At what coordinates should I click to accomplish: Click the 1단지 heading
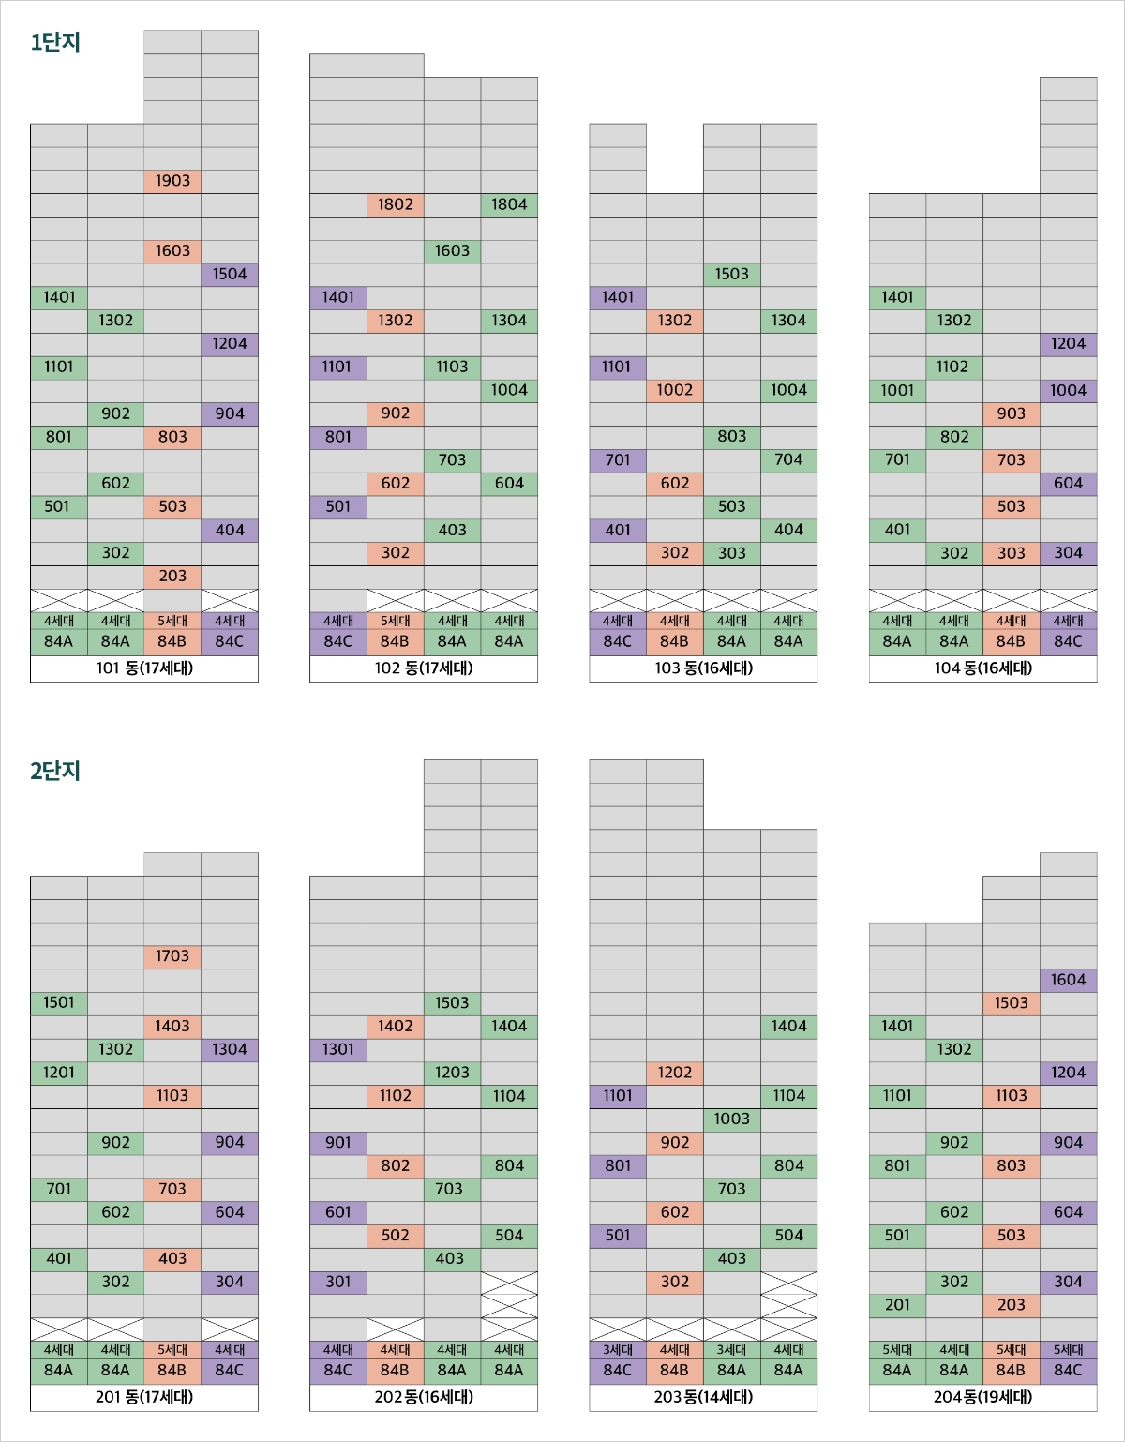click(x=55, y=42)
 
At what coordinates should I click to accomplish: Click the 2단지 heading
click(x=55, y=771)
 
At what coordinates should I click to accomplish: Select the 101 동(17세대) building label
click(x=144, y=668)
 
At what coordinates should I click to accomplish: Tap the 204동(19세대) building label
click(x=982, y=1397)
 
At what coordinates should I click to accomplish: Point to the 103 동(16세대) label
click(x=703, y=668)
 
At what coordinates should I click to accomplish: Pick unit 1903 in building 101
click(x=172, y=181)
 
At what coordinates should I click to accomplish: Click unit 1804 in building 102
click(x=509, y=204)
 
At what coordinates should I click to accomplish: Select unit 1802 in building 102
click(x=396, y=204)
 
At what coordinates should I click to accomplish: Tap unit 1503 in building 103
click(x=731, y=274)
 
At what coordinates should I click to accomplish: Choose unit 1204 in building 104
click(x=1068, y=344)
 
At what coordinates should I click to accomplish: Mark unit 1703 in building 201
click(x=172, y=956)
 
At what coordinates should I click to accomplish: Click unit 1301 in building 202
click(x=338, y=1049)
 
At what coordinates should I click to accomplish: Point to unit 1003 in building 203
click(x=731, y=1119)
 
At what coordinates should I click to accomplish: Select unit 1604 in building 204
click(x=1068, y=980)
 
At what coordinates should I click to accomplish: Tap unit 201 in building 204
click(x=897, y=1305)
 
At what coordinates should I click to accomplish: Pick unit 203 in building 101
click(x=172, y=577)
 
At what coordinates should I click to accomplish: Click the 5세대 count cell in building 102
click(x=396, y=621)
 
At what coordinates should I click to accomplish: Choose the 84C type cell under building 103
click(x=618, y=642)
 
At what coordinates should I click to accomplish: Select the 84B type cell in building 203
click(x=675, y=1371)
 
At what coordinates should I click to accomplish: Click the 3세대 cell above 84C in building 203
click(x=618, y=1350)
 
